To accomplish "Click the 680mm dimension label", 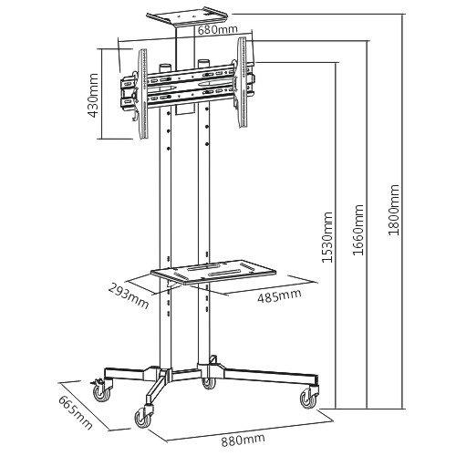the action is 217,30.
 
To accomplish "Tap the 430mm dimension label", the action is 93,95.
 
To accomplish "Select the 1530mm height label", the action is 327,237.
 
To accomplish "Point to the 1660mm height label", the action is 358,230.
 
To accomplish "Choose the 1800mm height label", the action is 393,210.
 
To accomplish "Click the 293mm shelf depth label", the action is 129,295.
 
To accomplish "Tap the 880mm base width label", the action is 243,440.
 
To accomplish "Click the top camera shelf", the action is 187,16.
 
